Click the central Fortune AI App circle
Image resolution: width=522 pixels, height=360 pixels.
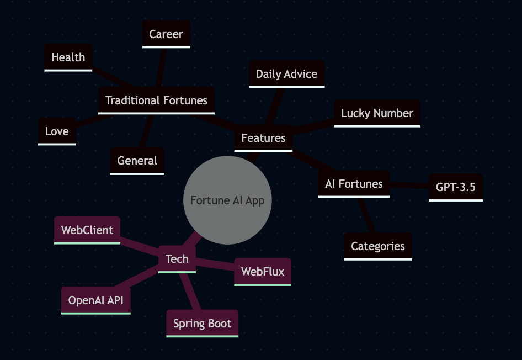pos(227,200)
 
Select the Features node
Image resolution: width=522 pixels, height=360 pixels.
pos(263,138)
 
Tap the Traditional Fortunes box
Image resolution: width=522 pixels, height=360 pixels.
pos(156,100)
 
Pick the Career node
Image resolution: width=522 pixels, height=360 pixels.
pos(166,34)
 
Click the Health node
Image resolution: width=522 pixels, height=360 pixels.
pos(68,57)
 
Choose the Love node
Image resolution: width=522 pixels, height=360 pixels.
pos(57,131)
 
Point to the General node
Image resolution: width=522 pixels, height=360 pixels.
pos(137,161)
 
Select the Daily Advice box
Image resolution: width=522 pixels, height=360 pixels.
pos(286,74)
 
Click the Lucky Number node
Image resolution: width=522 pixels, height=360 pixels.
pos(377,113)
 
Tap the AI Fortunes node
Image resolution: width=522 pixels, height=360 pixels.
pos(354,184)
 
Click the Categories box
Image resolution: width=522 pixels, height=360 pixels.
pos(378,246)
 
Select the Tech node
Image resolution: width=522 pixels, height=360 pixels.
pos(177,259)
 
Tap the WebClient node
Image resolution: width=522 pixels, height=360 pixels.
pos(87,230)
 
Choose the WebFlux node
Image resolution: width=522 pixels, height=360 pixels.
pos(263,272)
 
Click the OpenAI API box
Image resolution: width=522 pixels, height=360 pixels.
pos(96,300)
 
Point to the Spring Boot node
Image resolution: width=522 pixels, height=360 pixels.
pos(203,324)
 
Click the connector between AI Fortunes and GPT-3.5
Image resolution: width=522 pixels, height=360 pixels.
pos(409,186)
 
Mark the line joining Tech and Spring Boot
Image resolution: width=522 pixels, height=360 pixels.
pos(190,292)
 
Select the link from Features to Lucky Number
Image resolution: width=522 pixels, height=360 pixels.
pos(313,126)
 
